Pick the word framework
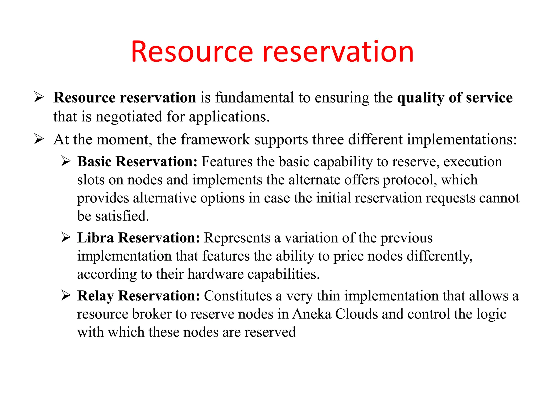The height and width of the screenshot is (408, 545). tap(215, 139)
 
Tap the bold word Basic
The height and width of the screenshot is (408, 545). tap(94, 161)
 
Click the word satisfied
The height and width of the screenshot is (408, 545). tap(122, 216)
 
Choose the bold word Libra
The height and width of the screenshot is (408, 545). tap(96, 238)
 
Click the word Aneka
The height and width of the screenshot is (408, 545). tap(312, 314)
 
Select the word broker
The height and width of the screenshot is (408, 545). tap(152, 314)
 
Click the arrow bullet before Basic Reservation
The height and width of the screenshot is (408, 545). tap(66, 161)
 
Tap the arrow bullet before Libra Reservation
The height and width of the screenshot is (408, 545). tap(66, 237)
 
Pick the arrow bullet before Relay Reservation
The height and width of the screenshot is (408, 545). tap(66, 295)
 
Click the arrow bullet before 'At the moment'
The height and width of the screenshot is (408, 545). tap(39, 139)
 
